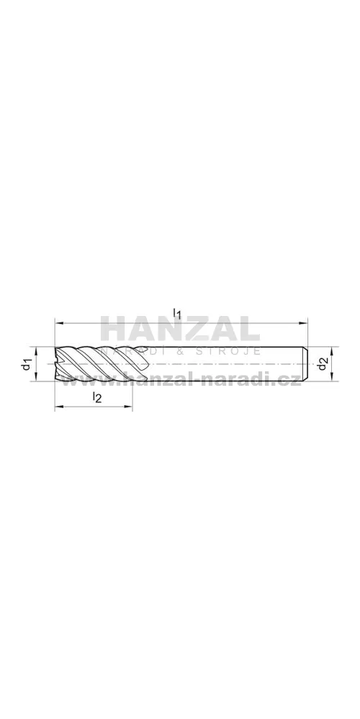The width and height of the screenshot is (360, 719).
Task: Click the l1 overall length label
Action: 177,313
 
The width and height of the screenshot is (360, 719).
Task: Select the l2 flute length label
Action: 96,397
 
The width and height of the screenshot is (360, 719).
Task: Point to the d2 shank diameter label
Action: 324,365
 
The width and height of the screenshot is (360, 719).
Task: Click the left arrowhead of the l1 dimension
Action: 59,324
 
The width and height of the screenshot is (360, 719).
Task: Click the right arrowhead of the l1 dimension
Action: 303,324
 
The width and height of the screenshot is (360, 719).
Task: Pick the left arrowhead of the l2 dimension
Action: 59,406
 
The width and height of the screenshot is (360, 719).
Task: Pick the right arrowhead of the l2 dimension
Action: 128,406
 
